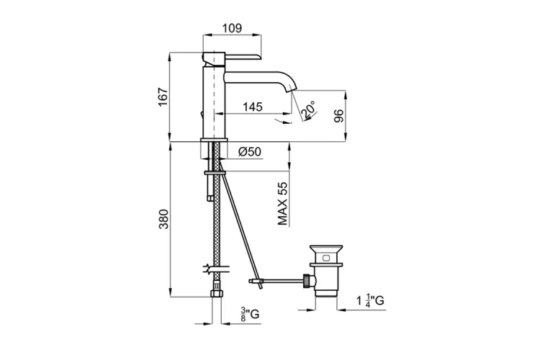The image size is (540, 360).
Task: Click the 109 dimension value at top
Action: point(232,28)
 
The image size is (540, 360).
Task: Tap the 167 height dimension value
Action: point(163,97)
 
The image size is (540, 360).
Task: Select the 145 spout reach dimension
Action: point(253,107)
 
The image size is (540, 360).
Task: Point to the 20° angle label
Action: point(309,109)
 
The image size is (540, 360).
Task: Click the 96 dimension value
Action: point(338,116)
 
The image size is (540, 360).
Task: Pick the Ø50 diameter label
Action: point(250,152)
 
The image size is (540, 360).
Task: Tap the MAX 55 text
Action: point(282,204)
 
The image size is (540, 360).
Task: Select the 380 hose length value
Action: point(163,219)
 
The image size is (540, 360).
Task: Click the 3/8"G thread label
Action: point(250,314)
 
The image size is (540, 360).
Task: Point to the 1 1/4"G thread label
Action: point(370,300)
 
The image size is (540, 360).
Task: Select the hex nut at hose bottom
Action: point(216,294)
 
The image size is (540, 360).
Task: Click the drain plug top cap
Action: point(326,249)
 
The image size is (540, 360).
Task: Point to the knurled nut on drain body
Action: point(306,281)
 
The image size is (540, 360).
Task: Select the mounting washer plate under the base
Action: point(215,173)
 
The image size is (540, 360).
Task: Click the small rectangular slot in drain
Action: point(326,258)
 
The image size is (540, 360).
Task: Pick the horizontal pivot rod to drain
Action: point(283,281)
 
